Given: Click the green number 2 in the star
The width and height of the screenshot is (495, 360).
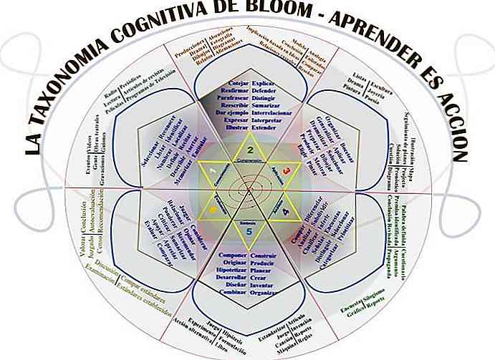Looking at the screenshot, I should (x=250, y=150).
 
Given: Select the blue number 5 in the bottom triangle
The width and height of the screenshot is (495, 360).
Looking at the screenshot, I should (x=249, y=231).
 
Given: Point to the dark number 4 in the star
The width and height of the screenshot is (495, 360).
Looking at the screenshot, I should (x=286, y=211).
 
